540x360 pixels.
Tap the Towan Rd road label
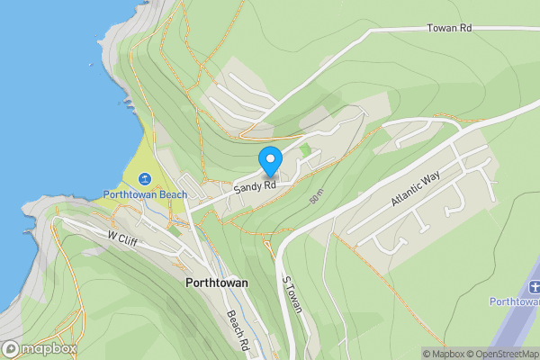point(449,29)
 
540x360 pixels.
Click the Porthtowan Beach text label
point(145,193)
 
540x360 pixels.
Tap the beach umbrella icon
point(145,177)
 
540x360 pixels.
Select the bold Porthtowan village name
point(216,283)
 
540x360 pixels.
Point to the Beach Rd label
point(237,330)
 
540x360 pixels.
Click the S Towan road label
point(292,294)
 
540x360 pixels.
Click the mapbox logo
point(40,348)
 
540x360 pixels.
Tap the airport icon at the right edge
point(534,286)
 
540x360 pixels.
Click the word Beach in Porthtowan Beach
point(170,193)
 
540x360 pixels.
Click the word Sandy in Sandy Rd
point(247,188)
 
